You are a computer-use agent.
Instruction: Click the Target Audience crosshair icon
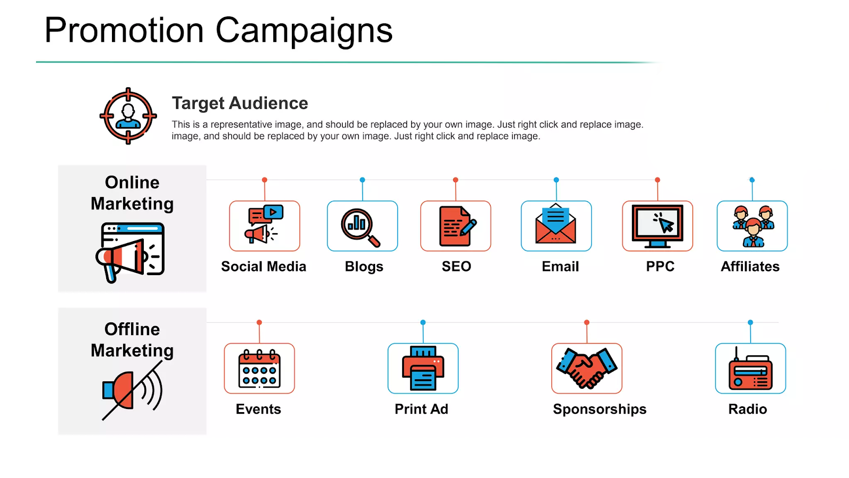128,116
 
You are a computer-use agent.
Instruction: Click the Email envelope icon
556,223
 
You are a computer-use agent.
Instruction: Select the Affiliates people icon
752,226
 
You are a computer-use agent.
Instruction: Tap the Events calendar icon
259,369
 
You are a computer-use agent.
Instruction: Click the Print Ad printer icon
423,368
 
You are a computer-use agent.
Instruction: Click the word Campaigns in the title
304,31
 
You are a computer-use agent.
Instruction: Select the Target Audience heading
240,103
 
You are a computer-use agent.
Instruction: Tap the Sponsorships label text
600,409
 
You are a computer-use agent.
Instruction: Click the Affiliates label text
750,266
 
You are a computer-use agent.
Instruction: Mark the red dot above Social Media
265,180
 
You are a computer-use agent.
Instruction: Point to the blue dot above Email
556,180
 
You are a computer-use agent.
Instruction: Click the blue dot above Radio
750,322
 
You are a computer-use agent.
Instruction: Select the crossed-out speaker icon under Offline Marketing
133,390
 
